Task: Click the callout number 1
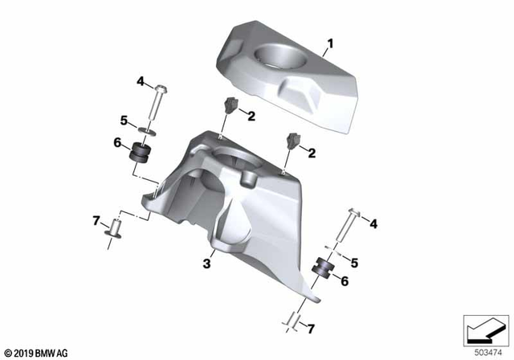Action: (328, 40)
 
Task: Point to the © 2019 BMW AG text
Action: (37, 352)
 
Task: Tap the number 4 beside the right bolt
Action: (373, 224)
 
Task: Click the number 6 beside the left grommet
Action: (117, 143)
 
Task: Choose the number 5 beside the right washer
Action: (353, 261)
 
